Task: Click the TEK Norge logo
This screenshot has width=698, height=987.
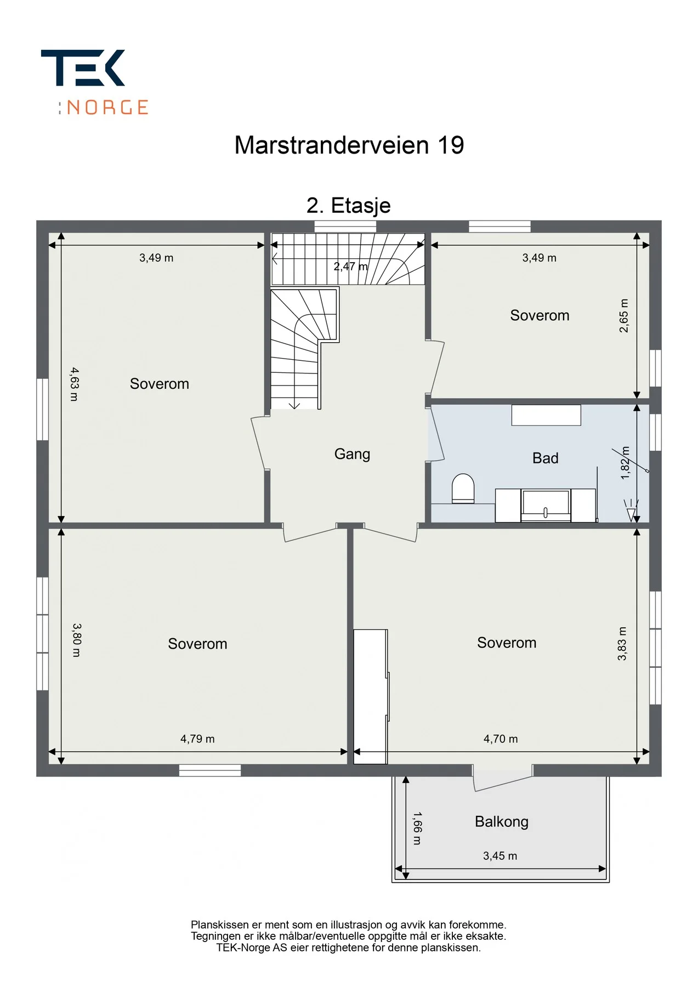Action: (95, 82)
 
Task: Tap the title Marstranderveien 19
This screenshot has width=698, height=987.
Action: (349, 145)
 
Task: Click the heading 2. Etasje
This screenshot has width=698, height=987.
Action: (349, 206)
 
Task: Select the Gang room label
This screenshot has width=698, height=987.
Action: (352, 455)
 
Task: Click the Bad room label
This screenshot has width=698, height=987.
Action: (545, 458)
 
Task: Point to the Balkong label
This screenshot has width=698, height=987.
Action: (502, 821)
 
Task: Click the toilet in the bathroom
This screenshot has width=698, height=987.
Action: (463, 489)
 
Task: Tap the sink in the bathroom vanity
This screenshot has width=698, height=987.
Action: (546, 504)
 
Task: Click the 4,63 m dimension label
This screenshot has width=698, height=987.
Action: (75, 384)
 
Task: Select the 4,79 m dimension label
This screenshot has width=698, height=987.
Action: (197, 739)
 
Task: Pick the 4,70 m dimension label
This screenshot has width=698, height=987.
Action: (501, 739)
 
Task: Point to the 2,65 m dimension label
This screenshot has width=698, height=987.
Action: (624, 316)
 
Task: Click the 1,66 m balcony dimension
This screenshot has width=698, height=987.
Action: (417, 829)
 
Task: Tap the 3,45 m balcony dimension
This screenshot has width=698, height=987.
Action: (500, 856)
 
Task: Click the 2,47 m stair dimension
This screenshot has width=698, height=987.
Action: (351, 266)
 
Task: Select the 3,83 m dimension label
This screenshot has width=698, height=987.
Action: (622, 644)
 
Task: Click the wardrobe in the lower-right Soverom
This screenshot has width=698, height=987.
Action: (371, 696)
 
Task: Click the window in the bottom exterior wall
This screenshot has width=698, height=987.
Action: (210, 770)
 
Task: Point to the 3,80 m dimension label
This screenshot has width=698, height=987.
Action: (77, 640)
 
